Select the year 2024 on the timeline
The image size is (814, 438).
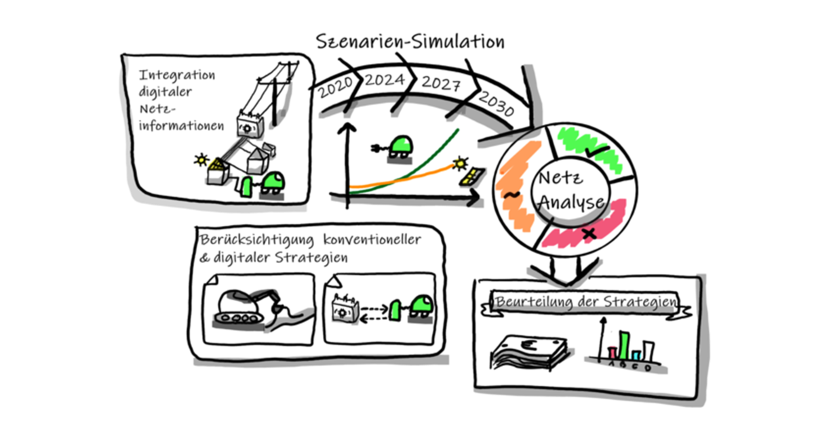pyautogui.click(x=385, y=81)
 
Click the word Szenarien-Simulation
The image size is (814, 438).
pyautogui.click(x=411, y=42)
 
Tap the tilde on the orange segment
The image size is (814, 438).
pyautogui.click(x=513, y=195)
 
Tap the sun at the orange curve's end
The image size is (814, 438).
pyautogui.click(x=461, y=163)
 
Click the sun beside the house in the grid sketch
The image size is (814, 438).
pyautogui.click(x=200, y=160)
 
